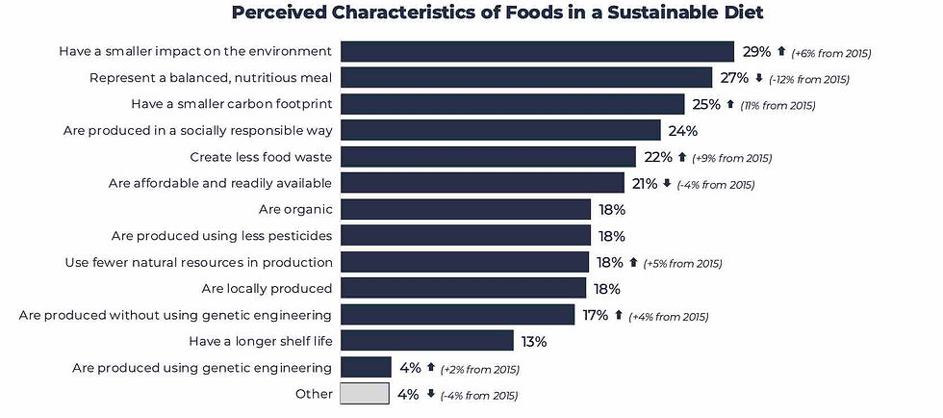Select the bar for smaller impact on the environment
pyautogui.click(x=537, y=52)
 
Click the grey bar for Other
pyautogui.click(x=365, y=393)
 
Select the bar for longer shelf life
pyautogui.click(x=427, y=340)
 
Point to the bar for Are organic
pyautogui.click(x=466, y=209)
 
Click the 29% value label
pyautogui.click(x=756, y=52)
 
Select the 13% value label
pyautogui.click(x=534, y=341)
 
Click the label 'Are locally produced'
pyautogui.click(x=267, y=288)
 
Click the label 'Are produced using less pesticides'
pyautogui.click(x=222, y=236)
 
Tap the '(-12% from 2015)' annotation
pyautogui.click(x=809, y=79)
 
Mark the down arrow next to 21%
pyautogui.click(x=667, y=183)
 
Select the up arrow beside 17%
pyautogui.click(x=619, y=315)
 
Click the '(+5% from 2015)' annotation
pyautogui.click(x=682, y=263)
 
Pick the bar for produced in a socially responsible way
pyautogui.click(x=500, y=130)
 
